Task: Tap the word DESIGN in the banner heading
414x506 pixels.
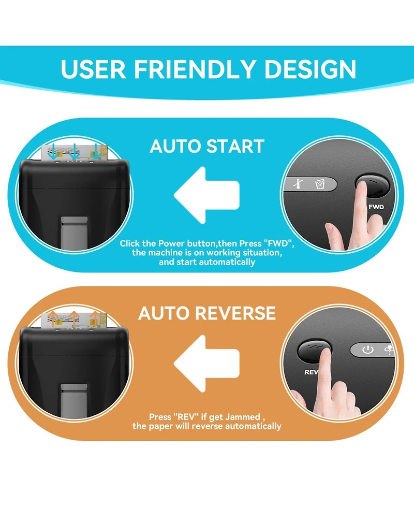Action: pos(310,69)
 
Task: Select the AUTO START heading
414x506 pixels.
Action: pos(207,146)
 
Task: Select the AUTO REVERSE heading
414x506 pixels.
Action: pos(207,313)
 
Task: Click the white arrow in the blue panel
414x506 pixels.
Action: pos(206,195)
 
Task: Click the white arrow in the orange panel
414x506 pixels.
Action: pos(206,364)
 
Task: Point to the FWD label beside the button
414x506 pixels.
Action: pos(376,207)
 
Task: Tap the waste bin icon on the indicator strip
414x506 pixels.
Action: pos(319,184)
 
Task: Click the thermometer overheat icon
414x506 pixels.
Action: pos(298,183)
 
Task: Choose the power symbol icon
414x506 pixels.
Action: pos(367,350)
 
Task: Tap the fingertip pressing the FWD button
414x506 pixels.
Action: pos(361,186)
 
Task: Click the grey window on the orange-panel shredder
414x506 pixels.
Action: pos(74,401)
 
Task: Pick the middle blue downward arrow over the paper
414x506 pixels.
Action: pos(75,152)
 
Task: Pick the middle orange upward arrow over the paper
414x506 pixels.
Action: pos(74,319)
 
